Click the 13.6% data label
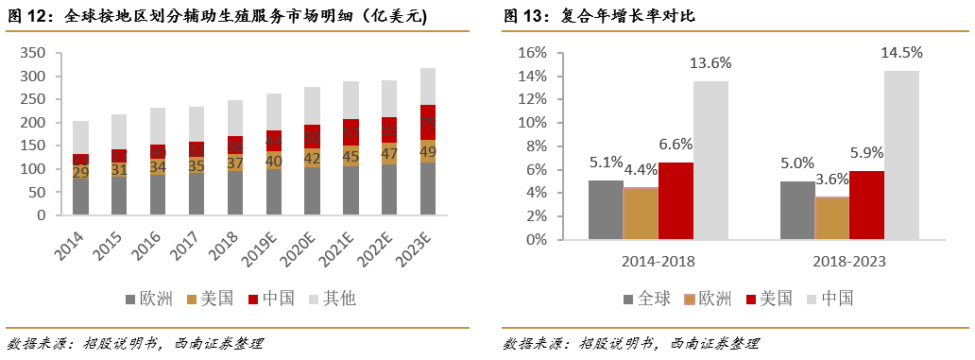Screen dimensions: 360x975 pos(710,62)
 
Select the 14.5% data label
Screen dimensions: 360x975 pos(901,52)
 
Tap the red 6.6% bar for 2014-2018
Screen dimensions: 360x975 pos(676,200)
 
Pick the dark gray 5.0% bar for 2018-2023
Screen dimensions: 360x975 pos(795,210)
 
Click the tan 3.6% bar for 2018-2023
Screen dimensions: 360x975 pos(831,217)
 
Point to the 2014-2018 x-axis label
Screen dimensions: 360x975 pos(659,261)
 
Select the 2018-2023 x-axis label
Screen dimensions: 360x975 pos(848,261)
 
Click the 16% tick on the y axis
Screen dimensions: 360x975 pos(533,53)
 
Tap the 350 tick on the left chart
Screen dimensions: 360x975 pos(35,53)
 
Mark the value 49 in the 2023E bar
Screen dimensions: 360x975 pos(428,151)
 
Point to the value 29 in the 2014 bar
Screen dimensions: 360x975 pos(81,172)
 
